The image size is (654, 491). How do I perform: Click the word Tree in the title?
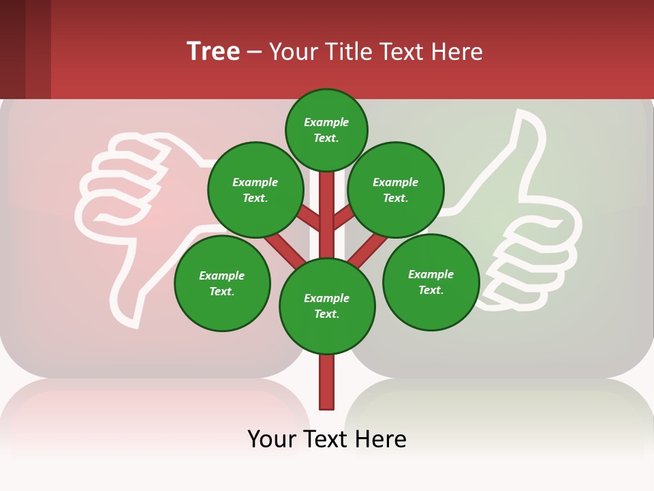coord(213,52)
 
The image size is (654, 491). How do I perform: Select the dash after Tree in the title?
coord(254,53)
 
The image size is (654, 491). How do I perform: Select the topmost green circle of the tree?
coord(326,130)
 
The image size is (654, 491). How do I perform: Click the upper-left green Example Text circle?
coord(255,190)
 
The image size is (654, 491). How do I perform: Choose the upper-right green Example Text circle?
coord(396,190)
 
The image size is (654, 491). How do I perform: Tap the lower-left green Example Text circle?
coord(222,283)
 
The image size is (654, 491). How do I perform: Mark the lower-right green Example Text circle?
coord(431,282)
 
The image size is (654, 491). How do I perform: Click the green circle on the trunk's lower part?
coord(327,306)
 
